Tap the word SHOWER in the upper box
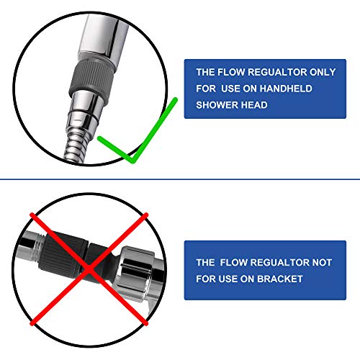(x=216, y=104)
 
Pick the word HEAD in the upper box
(x=256, y=104)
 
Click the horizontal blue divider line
(x=180, y=179)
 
